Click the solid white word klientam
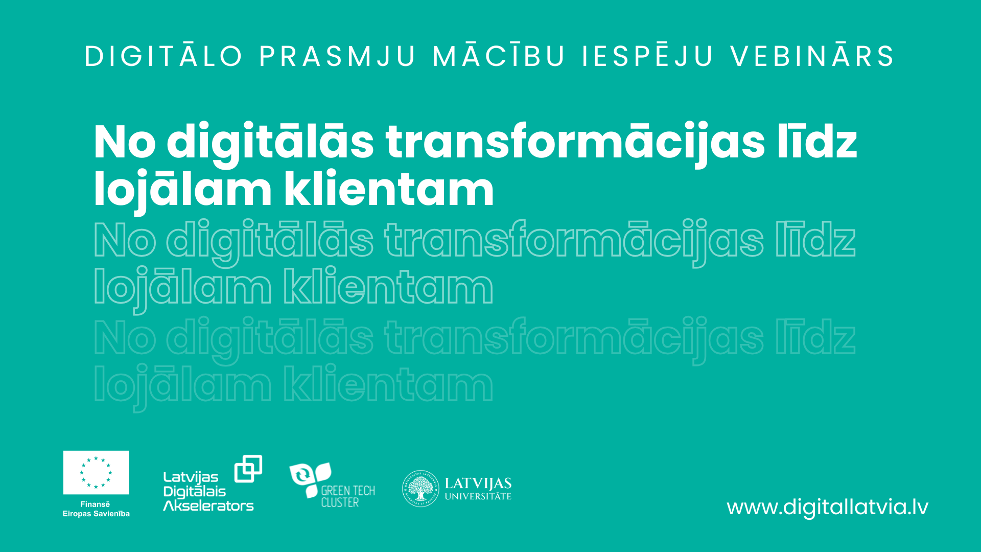(389, 189)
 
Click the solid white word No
(125, 142)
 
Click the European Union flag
(96, 472)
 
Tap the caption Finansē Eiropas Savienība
(96, 509)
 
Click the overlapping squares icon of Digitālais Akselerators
(248, 469)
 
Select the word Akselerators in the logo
(208, 506)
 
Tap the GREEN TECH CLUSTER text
(348, 496)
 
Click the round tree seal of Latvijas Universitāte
(421, 489)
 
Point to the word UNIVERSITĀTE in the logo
(478, 496)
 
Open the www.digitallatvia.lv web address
(828, 508)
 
